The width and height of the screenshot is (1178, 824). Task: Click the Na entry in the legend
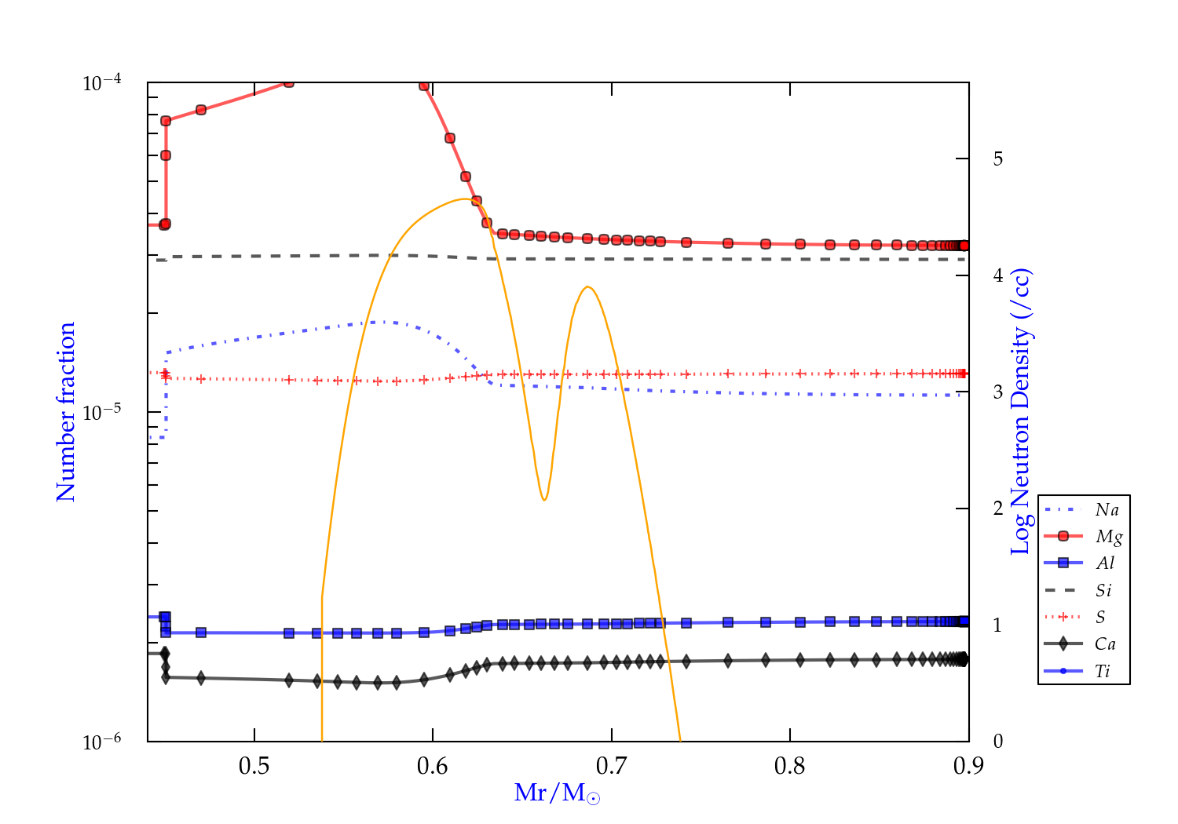click(1107, 510)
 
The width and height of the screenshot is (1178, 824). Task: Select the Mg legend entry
click(1108, 537)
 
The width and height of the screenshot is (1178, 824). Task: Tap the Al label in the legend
click(1106, 563)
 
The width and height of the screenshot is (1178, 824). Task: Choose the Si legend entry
click(1103, 590)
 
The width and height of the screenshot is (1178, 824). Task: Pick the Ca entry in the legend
click(1105, 644)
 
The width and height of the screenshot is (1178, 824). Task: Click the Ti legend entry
click(1103, 671)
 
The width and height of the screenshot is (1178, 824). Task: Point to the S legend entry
click(1100, 618)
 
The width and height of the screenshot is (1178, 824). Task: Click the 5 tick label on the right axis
click(997, 159)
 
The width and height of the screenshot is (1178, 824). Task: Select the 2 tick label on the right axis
click(997, 509)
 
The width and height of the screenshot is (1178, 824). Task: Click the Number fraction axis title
click(66, 412)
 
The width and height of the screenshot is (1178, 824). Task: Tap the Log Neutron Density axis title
click(1020, 412)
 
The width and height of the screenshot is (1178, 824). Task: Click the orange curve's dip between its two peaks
click(543, 499)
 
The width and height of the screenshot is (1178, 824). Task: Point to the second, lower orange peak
click(587, 287)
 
